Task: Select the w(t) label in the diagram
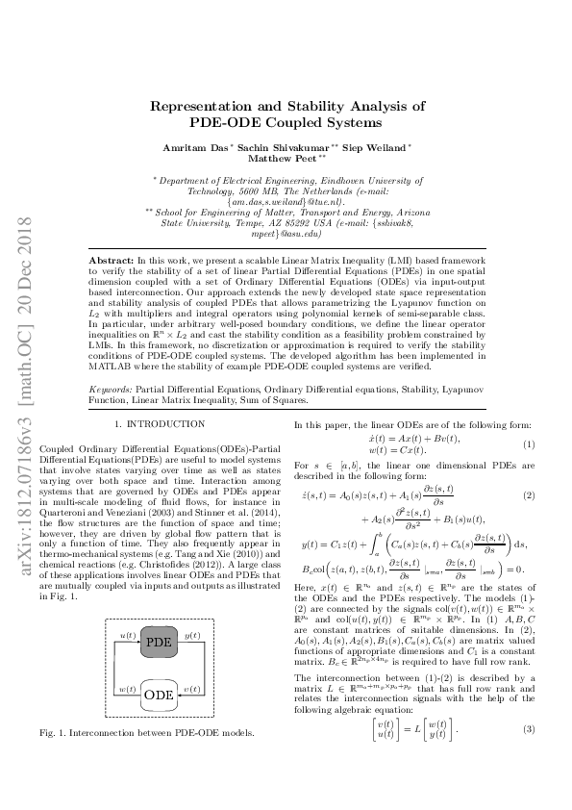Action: click(126, 663)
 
